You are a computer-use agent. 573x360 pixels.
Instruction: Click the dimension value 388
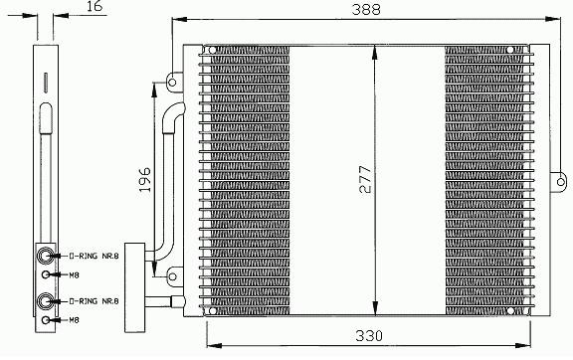pos(366,9)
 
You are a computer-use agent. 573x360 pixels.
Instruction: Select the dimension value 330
pos(369,335)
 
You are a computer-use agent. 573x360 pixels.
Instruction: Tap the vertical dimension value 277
pos(365,179)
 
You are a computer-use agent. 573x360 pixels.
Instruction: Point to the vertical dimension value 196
pos(144,179)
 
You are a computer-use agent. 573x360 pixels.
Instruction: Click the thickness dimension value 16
pos(95,6)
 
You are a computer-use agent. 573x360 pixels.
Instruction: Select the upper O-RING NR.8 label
pos(94,256)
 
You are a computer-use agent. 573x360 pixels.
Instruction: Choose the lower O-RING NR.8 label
pos(94,301)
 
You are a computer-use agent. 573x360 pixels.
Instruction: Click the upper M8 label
pos(75,274)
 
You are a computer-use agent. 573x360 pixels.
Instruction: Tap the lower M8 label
pos(75,320)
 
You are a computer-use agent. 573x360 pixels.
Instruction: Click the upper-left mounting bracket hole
pos(172,83)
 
